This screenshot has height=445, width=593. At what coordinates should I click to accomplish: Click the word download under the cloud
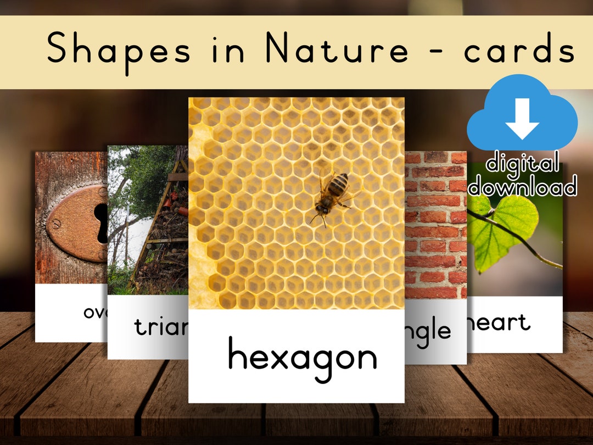522,187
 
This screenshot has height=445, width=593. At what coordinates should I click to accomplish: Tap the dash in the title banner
437,53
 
